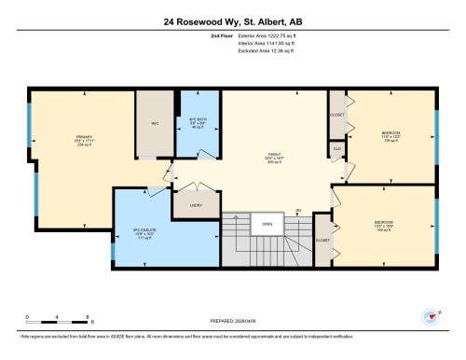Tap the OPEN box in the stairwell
pyautogui.click(x=267, y=224)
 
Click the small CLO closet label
pyautogui.click(x=336, y=148)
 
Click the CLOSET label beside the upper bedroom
pyautogui.click(x=336, y=116)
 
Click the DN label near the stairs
pyautogui.click(x=297, y=209)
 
